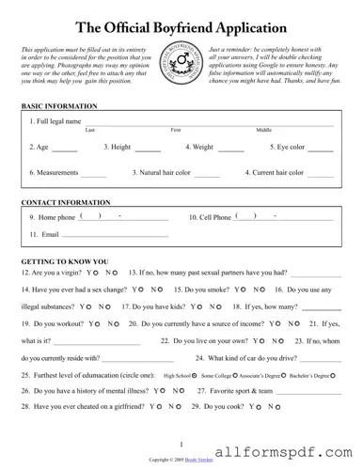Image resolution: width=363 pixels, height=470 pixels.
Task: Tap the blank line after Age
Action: coord(64,149)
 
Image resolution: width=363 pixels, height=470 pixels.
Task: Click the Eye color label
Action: coord(290,148)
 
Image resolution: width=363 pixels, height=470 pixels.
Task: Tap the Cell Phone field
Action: coord(264,218)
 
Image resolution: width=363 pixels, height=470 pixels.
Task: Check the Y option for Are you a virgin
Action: coord(93,274)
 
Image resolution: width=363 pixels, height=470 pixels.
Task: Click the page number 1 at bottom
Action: coord(181,443)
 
